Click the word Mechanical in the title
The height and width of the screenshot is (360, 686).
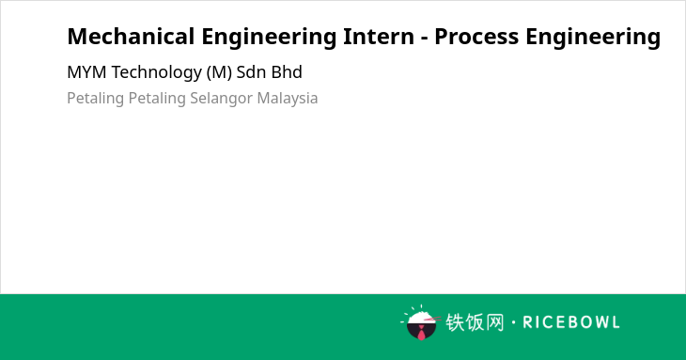pyautogui.click(x=131, y=37)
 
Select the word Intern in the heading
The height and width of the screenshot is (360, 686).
pyautogui.click(x=379, y=37)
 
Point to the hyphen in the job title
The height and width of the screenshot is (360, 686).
pyautogui.click(x=424, y=39)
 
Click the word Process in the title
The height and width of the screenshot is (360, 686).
pyautogui.click(x=476, y=37)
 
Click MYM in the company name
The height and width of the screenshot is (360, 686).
pyautogui.click(x=86, y=72)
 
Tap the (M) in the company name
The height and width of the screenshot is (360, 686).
pyautogui.click(x=219, y=72)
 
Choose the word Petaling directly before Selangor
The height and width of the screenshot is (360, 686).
pyautogui.click(x=157, y=99)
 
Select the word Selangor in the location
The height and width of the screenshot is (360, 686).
pyautogui.click(x=222, y=99)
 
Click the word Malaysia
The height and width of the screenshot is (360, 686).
pyautogui.click(x=288, y=99)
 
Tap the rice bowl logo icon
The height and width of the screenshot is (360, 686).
pyautogui.click(x=421, y=322)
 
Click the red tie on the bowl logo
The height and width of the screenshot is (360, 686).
pyautogui.click(x=421, y=334)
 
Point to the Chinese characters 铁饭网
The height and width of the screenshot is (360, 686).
pyautogui.click(x=475, y=322)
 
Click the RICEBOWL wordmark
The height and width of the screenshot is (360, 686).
pyautogui.click(x=571, y=322)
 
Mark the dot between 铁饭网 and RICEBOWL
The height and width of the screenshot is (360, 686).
pyautogui.click(x=513, y=322)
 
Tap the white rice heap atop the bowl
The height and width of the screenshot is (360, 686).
pyautogui.click(x=421, y=317)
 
